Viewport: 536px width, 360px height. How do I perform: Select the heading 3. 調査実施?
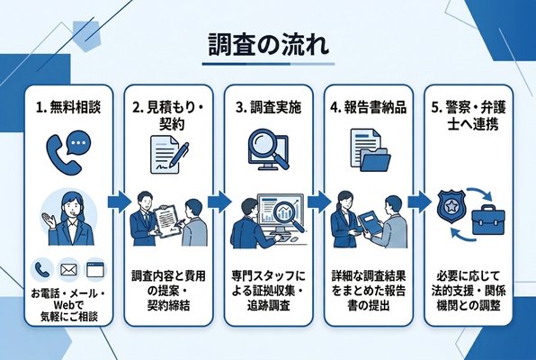[267, 106]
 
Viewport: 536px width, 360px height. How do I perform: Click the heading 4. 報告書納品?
[369, 106]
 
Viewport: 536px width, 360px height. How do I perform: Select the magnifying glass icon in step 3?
[267, 149]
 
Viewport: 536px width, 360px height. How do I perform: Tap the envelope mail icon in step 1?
[67, 269]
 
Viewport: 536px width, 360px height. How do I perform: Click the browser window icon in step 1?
[94, 269]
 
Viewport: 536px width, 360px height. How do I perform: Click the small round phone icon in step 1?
[41, 269]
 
